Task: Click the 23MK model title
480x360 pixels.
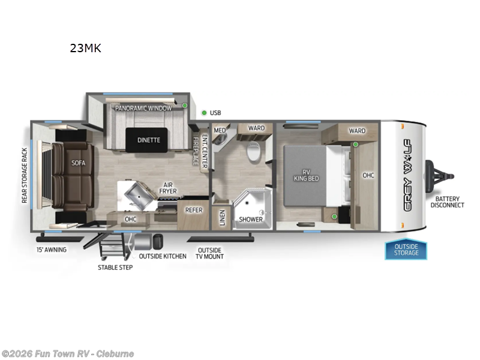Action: (85, 49)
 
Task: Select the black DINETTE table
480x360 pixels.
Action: (148, 140)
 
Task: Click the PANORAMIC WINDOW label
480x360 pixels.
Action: (143, 108)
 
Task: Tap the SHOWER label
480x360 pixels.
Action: (251, 219)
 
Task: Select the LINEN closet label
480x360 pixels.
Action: (222, 218)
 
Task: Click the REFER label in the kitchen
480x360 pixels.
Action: (193, 210)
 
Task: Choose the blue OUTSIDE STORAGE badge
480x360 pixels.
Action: (406, 250)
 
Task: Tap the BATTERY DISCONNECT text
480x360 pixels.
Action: (447, 202)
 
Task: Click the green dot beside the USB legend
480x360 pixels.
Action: (204, 112)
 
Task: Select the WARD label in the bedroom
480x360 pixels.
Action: (357, 130)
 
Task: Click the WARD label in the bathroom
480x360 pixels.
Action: (256, 128)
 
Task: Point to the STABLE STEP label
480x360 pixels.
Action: (115, 267)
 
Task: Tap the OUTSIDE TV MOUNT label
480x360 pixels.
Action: (209, 253)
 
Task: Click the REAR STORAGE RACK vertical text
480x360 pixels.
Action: (25, 175)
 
